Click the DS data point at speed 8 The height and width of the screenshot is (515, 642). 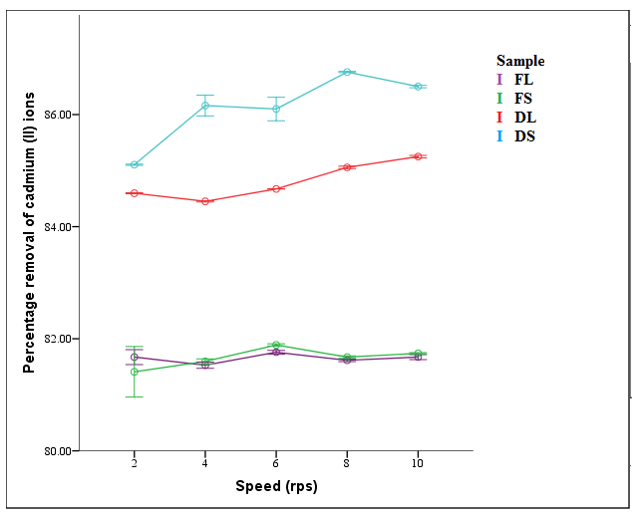(347, 72)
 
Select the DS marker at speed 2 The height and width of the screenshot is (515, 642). (134, 164)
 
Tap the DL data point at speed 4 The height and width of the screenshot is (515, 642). (204, 201)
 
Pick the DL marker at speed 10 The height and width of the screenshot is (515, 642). (418, 156)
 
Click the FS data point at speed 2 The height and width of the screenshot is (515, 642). (134, 372)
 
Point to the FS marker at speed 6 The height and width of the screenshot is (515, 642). (276, 345)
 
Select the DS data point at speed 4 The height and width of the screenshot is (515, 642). (204, 106)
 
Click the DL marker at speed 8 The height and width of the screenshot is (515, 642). (347, 167)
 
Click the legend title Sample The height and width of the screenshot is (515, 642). (520, 61)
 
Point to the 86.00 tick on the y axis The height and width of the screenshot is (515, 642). (59, 115)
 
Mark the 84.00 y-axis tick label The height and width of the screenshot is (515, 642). (59, 227)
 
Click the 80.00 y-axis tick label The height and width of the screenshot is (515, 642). (59, 451)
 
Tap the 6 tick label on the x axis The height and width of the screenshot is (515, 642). (276, 464)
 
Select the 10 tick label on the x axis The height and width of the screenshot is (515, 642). (418, 464)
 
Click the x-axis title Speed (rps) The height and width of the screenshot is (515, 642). (276, 487)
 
